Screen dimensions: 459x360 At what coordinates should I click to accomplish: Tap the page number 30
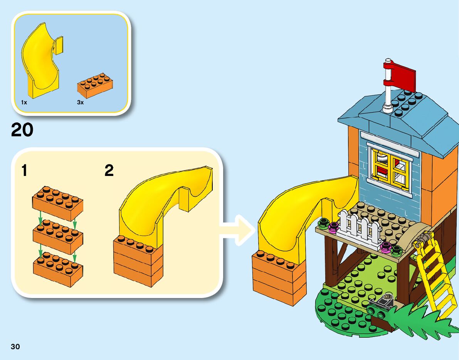click(x=15, y=347)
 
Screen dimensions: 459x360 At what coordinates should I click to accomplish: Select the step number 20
click(x=22, y=130)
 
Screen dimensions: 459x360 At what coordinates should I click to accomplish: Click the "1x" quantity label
click(x=24, y=102)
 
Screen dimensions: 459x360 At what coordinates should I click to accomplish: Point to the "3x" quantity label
click(x=80, y=102)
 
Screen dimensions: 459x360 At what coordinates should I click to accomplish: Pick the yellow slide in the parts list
click(x=40, y=62)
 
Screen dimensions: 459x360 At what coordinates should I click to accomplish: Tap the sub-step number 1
click(x=25, y=171)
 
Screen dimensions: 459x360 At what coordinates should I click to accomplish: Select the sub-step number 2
click(x=109, y=171)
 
